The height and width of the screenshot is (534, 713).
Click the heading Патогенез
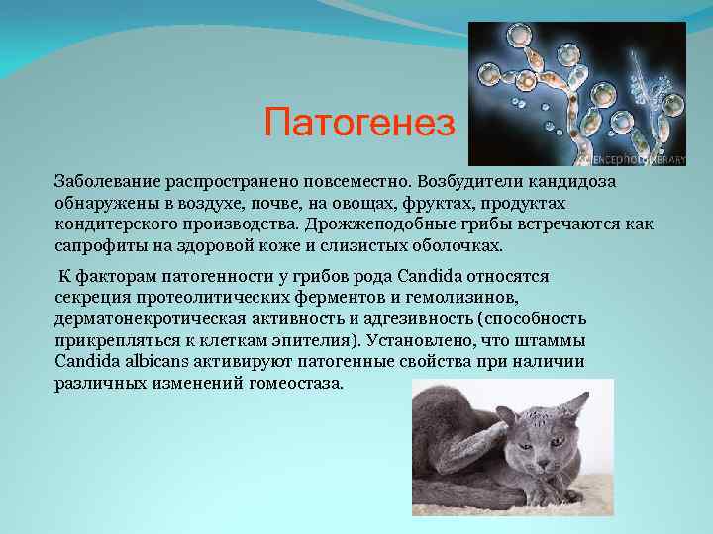[360, 124]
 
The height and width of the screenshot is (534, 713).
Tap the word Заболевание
[104, 183]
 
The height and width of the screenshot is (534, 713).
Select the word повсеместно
[354, 183]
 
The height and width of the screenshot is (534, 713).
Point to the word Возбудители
[467, 183]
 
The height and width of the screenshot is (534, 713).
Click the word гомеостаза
[290, 382]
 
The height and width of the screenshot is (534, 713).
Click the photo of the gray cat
[512, 447]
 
